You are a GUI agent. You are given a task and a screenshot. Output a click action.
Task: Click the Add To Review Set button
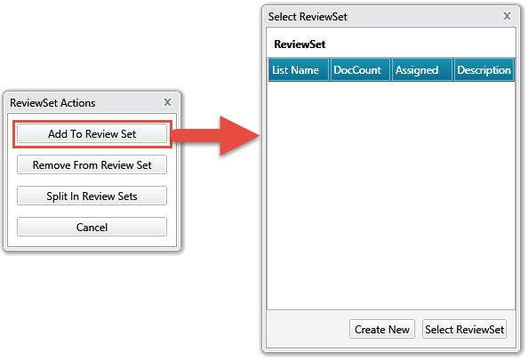[x=92, y=133]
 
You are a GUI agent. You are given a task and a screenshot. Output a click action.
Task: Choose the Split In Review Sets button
[x=92, y=196]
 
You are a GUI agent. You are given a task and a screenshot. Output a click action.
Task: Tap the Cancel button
[x=92, y=227]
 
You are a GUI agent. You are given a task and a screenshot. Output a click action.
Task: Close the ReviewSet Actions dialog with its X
[x=167, y=102]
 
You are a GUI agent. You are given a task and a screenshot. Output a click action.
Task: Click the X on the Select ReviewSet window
[x=507, y=16]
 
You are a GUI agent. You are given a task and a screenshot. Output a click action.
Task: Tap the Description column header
[x=484, y=69]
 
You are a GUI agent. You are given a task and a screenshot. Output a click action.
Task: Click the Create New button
[x=382, y=329]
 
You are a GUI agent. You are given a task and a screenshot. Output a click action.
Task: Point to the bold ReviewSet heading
[x=300, y=44]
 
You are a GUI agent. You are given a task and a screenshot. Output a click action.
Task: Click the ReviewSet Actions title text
[x=52, y=103]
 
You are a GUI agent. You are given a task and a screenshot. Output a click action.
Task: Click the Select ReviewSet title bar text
[x=308, y=17]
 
